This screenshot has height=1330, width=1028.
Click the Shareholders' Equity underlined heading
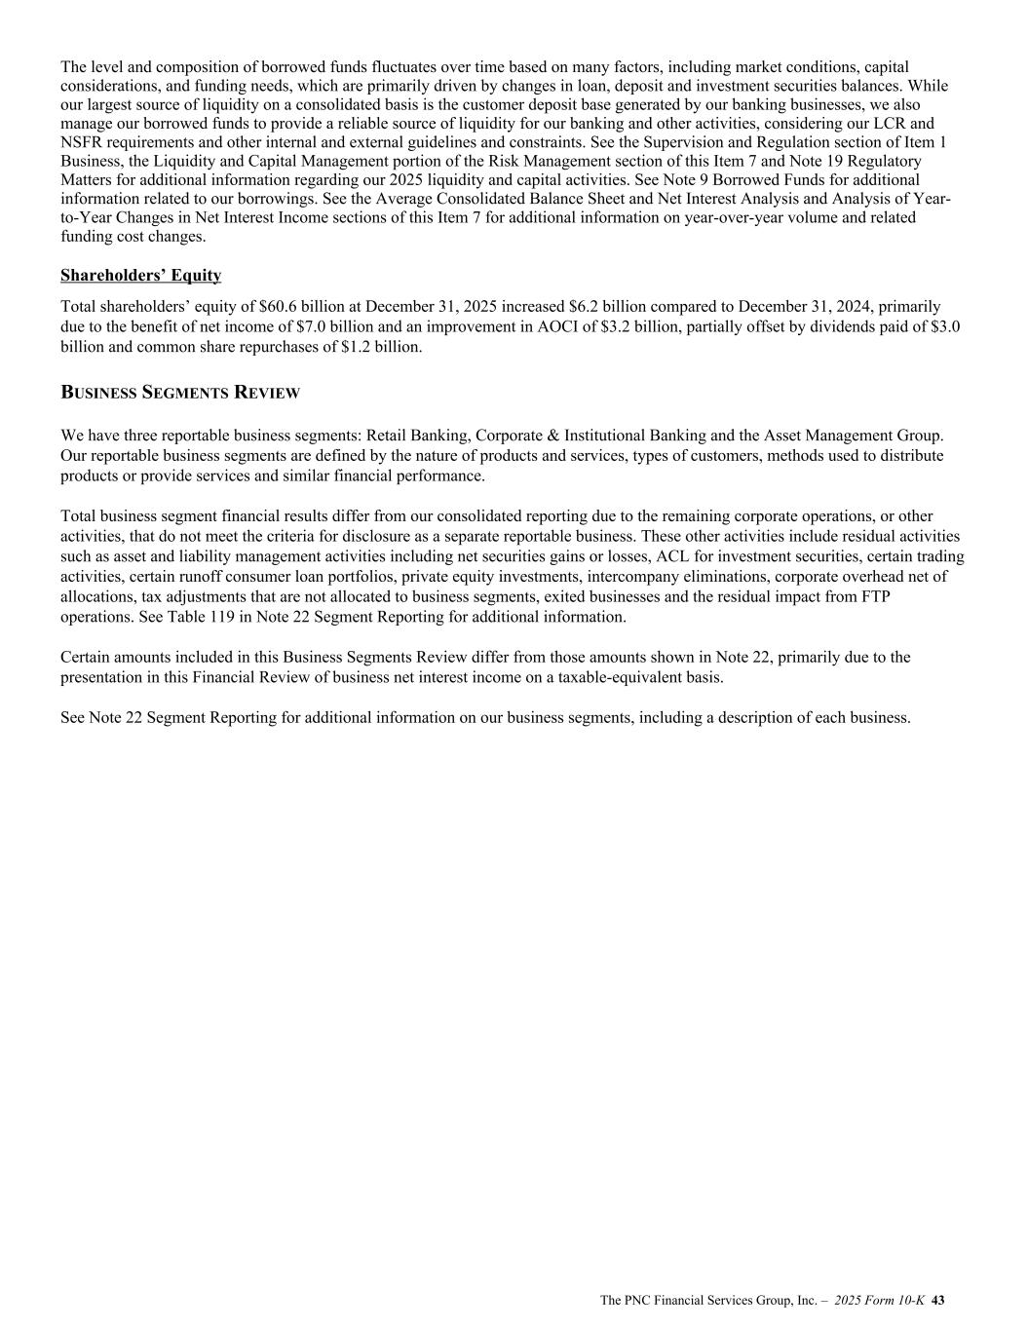(x=140, y=276)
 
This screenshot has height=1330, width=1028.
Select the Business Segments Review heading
(x=180, y=393)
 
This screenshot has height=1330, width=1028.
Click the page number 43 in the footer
(x=939, y=1301)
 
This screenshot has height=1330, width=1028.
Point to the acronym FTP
(x=907, y=597)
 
